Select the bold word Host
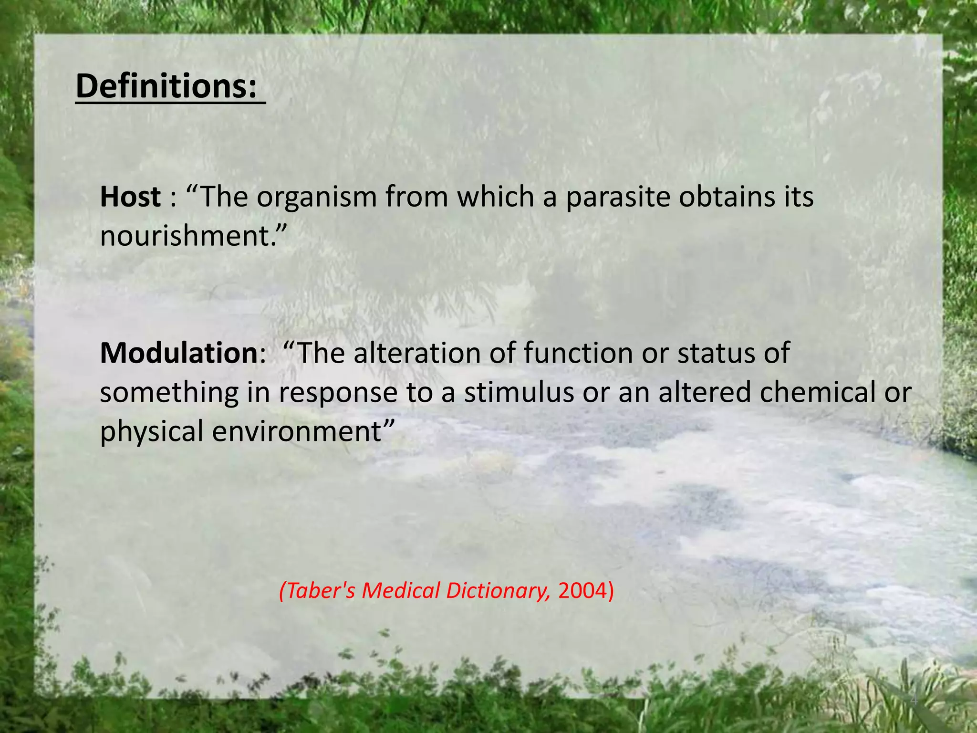(130, 197)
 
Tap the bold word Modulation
(179, 353)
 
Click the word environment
(297, 431)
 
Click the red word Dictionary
(496, 591)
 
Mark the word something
(169, 393)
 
